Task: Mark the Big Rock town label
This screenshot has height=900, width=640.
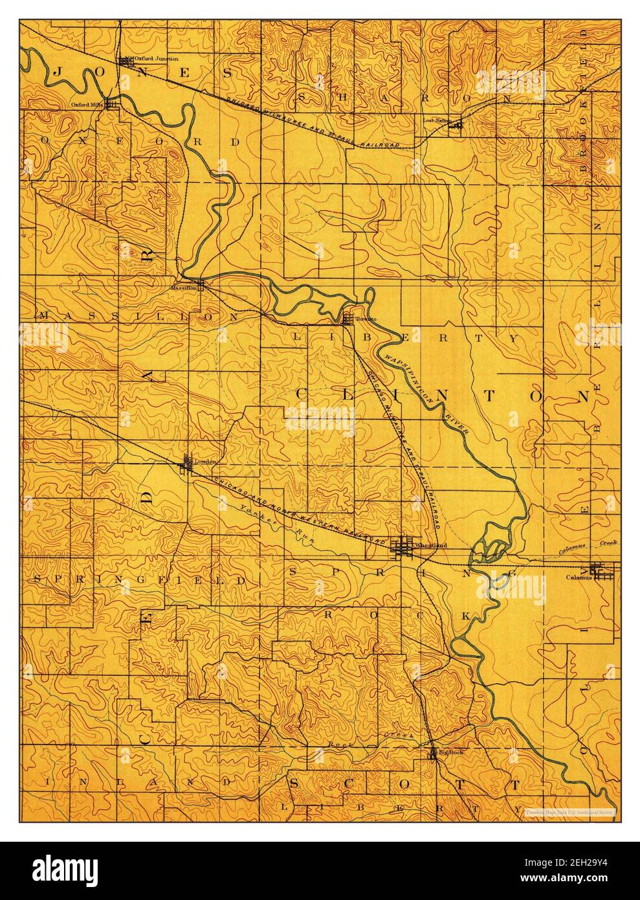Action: click(452, 752)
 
